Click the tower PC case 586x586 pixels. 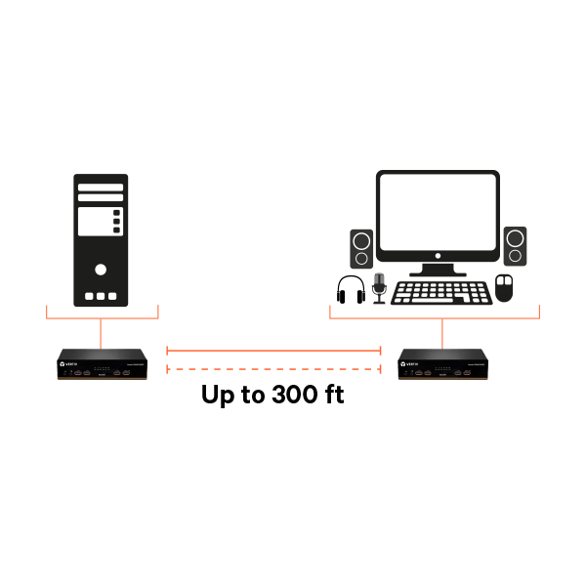pyautogui.click(x=101, y=240)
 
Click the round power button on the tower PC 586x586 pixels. pyautogui.click(x=101, y=269)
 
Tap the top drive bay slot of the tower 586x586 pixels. pyautogui.click(x=101, y=187)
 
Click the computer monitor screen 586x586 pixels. pyautogui.click(x=438, y=213)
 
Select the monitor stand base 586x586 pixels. pyautogui.click(x=438, y=273)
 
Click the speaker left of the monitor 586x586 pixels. pyautogui.click(x=361, y=248)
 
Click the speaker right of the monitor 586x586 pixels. pyautogui.click(x=515, y=246)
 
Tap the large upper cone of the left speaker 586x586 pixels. pyautogui.click(x=361, y=241)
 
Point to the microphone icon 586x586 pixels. pyautogui.click(x=379, y=287)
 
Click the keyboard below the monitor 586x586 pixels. pyautogui.click(x=441, y=293)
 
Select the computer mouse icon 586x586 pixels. pyautogui.click(x=504, y=288)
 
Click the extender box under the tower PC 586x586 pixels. pyautogui.click(x=102, y=364)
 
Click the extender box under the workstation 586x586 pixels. pyautogui.click(x=442, y=364)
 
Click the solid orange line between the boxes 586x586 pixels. pyautogui.click(x=273, y=350)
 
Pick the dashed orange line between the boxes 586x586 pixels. pyautogui.click(x=273, y=369)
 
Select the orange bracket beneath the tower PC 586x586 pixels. pyautogui.click(x=102, y=317)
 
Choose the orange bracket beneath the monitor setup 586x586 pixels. pyautogui.click(x=435, y=317)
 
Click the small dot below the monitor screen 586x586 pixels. pyautogui.click(x=438, y=256)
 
